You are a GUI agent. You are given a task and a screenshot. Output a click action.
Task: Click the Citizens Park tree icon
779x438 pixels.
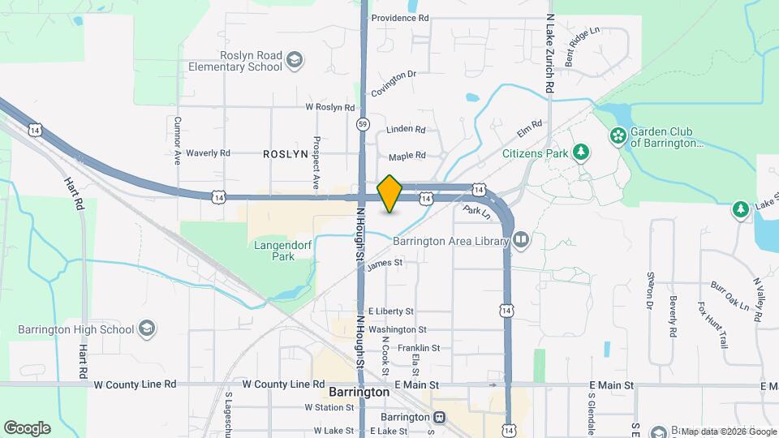pos(580,152)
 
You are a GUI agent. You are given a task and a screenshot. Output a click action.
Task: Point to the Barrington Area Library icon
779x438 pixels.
pos(520,239)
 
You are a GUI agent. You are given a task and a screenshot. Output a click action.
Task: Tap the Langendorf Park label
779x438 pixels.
pos(271,250)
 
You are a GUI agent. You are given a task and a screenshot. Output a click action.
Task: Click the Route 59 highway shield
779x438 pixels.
pos(363,124)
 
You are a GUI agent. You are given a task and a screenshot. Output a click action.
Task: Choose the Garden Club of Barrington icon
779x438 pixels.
pos(618,135)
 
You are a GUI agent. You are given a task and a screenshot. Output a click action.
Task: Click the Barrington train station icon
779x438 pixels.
pos(439,417)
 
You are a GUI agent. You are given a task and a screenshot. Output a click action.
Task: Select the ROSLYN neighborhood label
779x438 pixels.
pos(285,153)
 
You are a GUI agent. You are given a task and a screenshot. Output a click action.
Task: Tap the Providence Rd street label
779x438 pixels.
pos(399,18)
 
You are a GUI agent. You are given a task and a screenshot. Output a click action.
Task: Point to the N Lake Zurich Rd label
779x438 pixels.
pos(549,52)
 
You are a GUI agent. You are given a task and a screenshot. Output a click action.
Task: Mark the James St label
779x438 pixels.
pos(385,263)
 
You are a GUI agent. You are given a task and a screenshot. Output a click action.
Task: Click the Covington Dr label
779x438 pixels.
pos(394,83)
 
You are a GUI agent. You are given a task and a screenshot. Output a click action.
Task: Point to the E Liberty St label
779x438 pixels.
pos(390,311)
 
